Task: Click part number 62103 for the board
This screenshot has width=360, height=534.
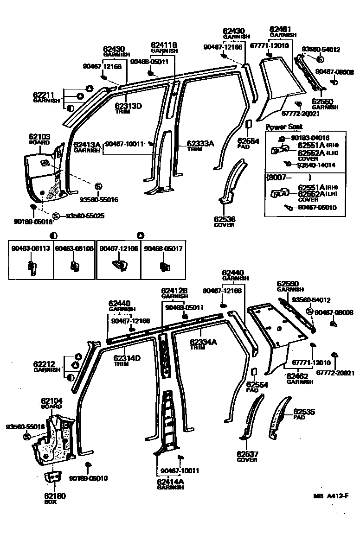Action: (x=39, y=137)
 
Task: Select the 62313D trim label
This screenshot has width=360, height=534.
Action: (x=129, y=106)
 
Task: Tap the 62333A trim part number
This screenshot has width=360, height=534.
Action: (x=200, y=144)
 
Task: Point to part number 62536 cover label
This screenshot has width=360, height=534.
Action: (x=224, y=219)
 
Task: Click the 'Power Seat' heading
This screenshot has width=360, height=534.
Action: (x=283, y=127)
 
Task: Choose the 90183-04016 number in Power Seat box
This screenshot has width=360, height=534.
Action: (x=310, y=138)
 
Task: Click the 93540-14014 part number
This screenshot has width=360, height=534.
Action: (x=316, y=165)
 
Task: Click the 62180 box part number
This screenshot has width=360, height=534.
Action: (x=55, y=496)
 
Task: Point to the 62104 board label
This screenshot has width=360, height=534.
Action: (x=51, y=400)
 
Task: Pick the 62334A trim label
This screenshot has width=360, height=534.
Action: (x=203, y=342)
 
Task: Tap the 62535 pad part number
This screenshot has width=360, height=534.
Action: (x=304, y=411)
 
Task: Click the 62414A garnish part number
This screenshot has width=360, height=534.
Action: (x=170, y=482)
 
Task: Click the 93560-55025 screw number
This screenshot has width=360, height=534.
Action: (x=85, y=216)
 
